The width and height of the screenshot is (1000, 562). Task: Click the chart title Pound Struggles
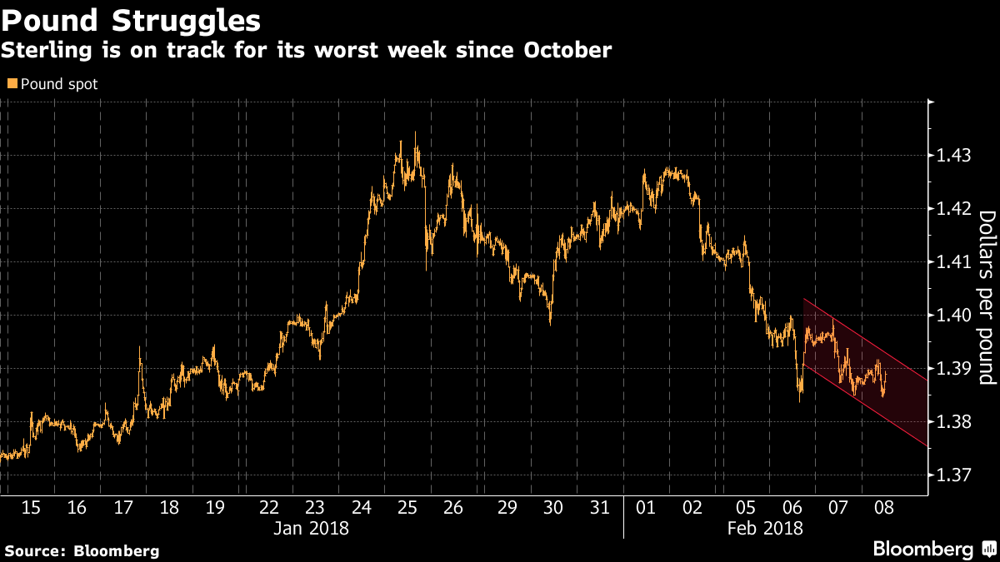(131, 18)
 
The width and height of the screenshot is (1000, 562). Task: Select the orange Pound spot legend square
(11, 83)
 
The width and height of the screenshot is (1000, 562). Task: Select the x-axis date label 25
(407, 507)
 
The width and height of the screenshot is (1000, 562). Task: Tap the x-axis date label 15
(30, 507)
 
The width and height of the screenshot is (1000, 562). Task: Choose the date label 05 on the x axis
(746, 507)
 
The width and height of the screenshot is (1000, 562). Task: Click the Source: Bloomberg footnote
(82, 550)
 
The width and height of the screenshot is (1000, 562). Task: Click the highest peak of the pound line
(415, 133)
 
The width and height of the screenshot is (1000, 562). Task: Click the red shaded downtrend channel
(867, 366)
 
